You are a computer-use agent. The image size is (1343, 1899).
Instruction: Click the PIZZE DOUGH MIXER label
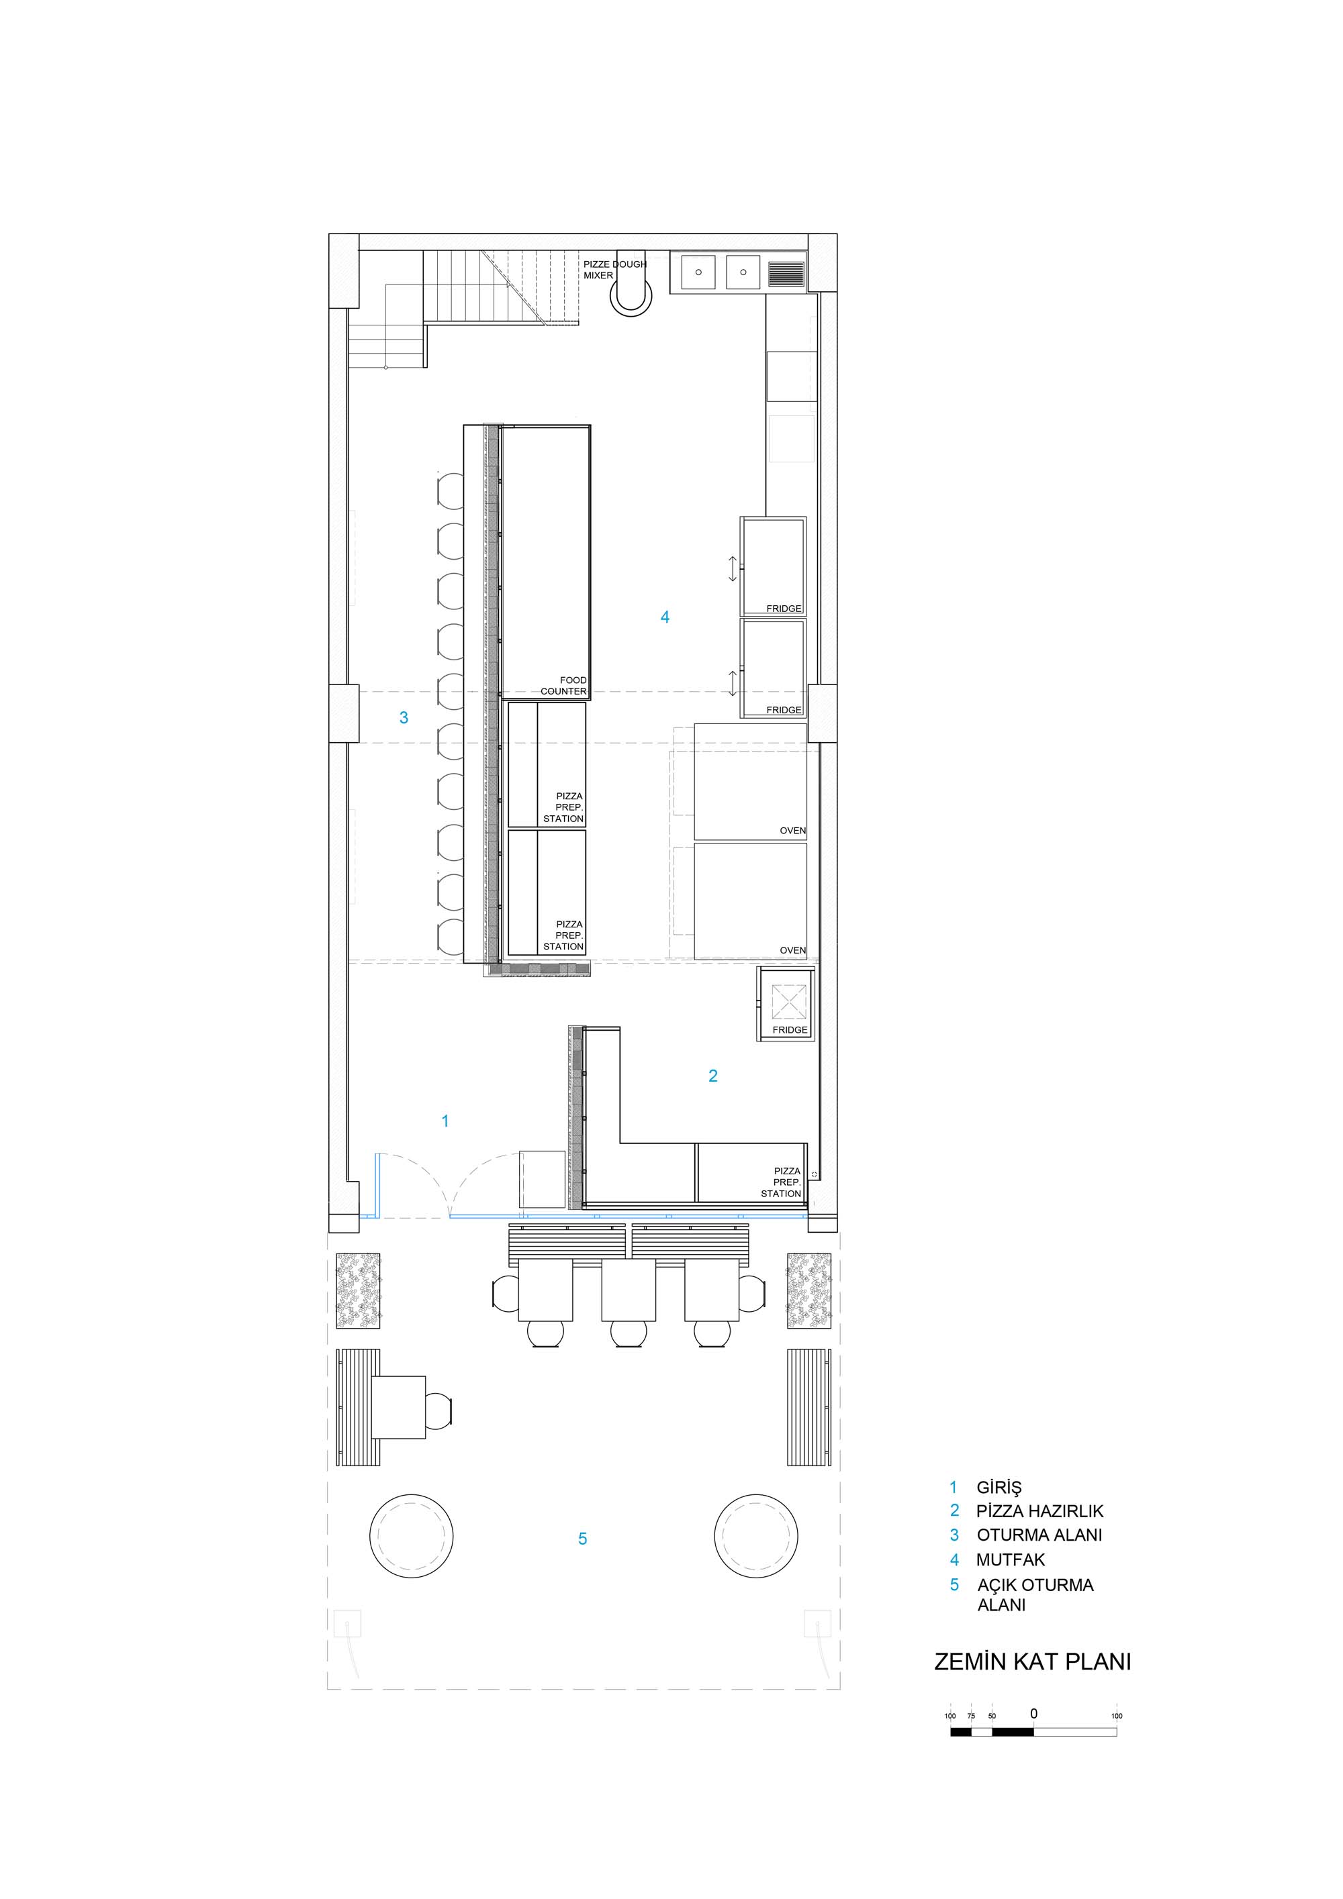pos(615,270)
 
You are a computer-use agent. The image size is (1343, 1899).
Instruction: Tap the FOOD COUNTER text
pos(563,686)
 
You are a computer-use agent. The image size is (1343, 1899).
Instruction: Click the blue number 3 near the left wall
pos(404,718)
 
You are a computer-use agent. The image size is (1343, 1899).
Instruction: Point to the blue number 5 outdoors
pos(583,1539)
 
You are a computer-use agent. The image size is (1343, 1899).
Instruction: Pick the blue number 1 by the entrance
pos(445,1121)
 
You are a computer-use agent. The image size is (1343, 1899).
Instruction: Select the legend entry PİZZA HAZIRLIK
pos(1039,1510)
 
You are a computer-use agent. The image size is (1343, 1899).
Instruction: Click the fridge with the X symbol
pos(785,1004)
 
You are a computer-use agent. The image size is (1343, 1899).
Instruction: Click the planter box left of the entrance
pos(359,1290)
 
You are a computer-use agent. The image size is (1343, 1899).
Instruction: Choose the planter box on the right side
pos(808,1290)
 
